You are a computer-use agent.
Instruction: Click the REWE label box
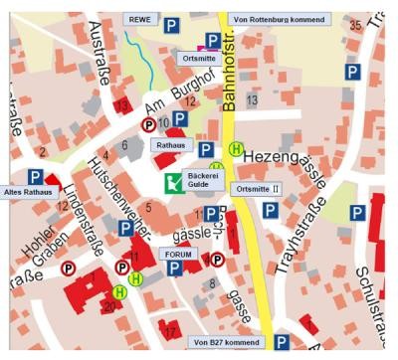coord(140,19)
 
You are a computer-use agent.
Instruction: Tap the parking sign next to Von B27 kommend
coord(283,342)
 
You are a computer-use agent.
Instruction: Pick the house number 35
coord(355,24)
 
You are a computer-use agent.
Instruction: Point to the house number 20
coord(108,307)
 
